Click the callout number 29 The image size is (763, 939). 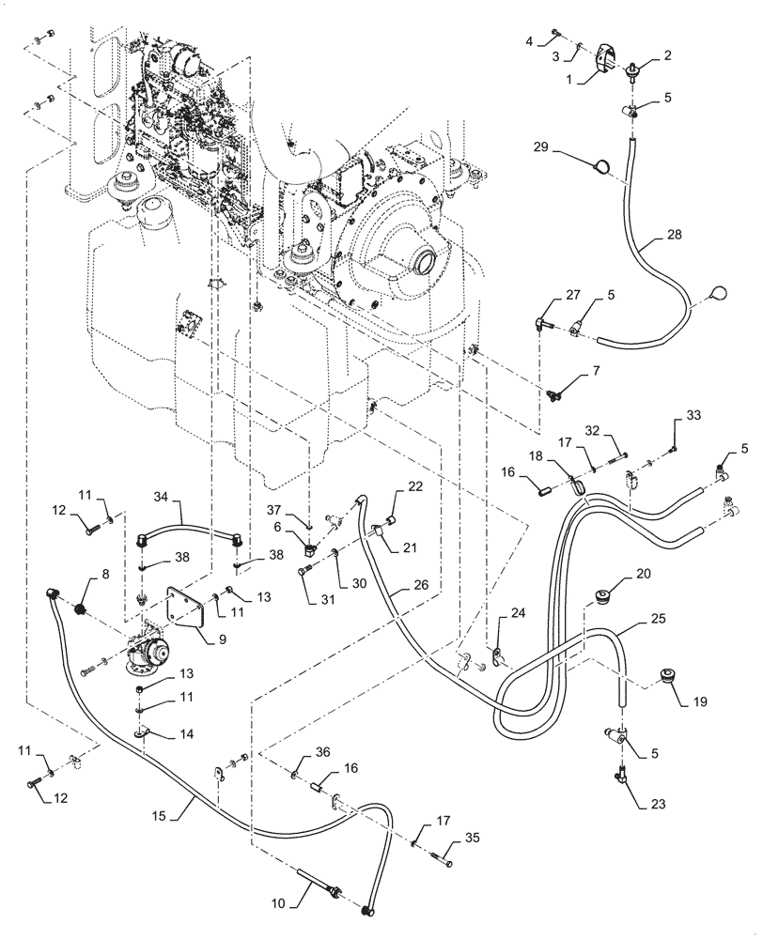click(x=541, y=146)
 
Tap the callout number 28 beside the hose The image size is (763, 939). click(x=675, y=235)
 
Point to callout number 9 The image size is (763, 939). click(x=222, y=639)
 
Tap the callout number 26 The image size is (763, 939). click(x=421, y=584)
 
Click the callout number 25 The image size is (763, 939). click(x=658, y=619)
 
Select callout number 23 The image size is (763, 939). click(x=658, y=805)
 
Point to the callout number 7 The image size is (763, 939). click(x=595, y=372)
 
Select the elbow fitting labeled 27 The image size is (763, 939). click(x=541, y=327)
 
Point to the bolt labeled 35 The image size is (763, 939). click(x=441, y=860)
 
